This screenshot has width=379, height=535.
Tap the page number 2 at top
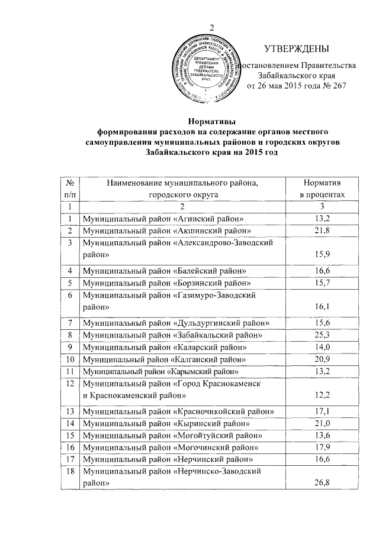tap(211, 27)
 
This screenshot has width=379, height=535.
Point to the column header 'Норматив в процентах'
tap(320, 189)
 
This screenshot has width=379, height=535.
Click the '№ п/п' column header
tap(70, 189)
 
